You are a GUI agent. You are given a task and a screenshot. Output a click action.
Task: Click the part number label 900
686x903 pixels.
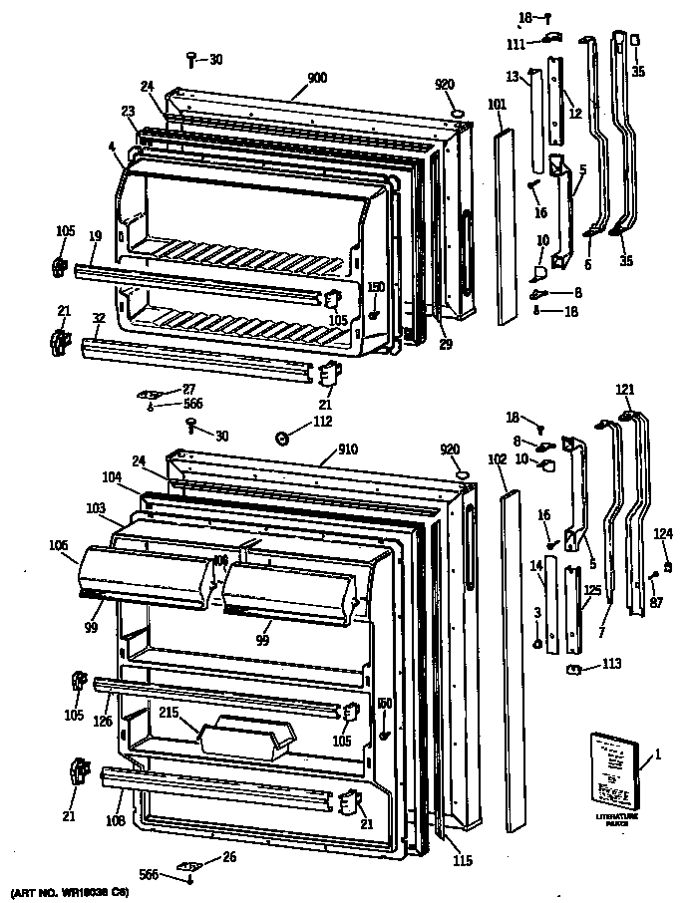coord(316,77)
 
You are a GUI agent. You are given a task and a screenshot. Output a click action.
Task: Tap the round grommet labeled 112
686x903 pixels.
coord(283,438)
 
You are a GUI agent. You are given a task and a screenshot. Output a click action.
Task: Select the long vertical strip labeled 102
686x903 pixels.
coord(514,658)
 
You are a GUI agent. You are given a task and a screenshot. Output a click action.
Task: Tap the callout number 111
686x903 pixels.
coord(515,45)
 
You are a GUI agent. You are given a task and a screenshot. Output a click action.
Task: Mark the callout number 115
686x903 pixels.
coord(462,861)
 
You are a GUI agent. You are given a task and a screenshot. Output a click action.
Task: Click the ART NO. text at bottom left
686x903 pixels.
coord(62,891)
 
